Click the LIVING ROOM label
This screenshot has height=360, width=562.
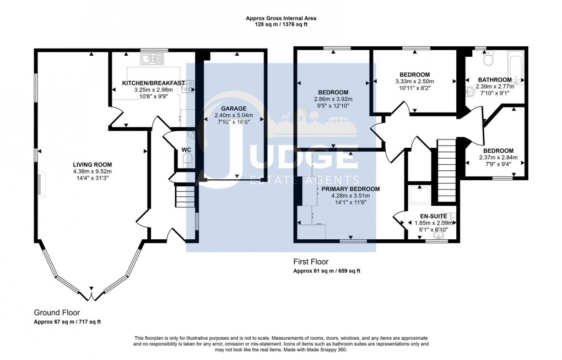93,164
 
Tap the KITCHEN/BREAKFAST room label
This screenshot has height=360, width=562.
154,83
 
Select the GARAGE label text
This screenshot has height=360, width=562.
234,109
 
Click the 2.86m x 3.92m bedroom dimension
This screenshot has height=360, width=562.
333,99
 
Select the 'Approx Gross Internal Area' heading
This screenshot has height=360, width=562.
280,18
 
